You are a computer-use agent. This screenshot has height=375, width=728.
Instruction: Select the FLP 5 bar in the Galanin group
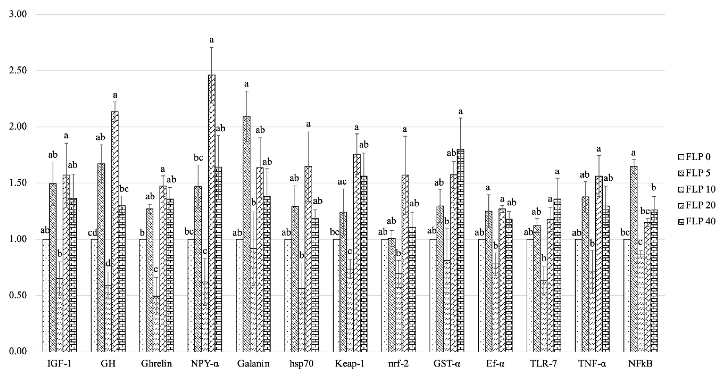pyautogui.click(x=246, y=235)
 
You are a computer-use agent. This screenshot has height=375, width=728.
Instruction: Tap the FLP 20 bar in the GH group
pyautogui.click(x=115, y=232)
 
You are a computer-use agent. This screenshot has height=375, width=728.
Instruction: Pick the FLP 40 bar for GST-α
pyautogui.click(x=460, y=252)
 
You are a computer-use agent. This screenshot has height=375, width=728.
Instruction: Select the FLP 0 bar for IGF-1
pyautogui.click(x=46, y=296)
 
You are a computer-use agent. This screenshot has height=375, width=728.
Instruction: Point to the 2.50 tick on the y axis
pyautogui.click(x=18, y=71)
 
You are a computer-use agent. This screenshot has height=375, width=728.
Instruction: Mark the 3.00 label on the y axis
pyautogui.click(x=18, y=14)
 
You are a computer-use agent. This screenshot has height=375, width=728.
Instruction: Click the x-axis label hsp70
pyautogui.click(x=301, y=363)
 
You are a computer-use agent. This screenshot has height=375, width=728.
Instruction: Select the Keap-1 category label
pyautogui.click(x=350, y=363)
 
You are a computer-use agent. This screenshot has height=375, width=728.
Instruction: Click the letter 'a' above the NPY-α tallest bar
pyautogui.click(x=211, y=40)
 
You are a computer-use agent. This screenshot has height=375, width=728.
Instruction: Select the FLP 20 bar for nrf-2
pyautogui.click(x=405, y=263)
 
